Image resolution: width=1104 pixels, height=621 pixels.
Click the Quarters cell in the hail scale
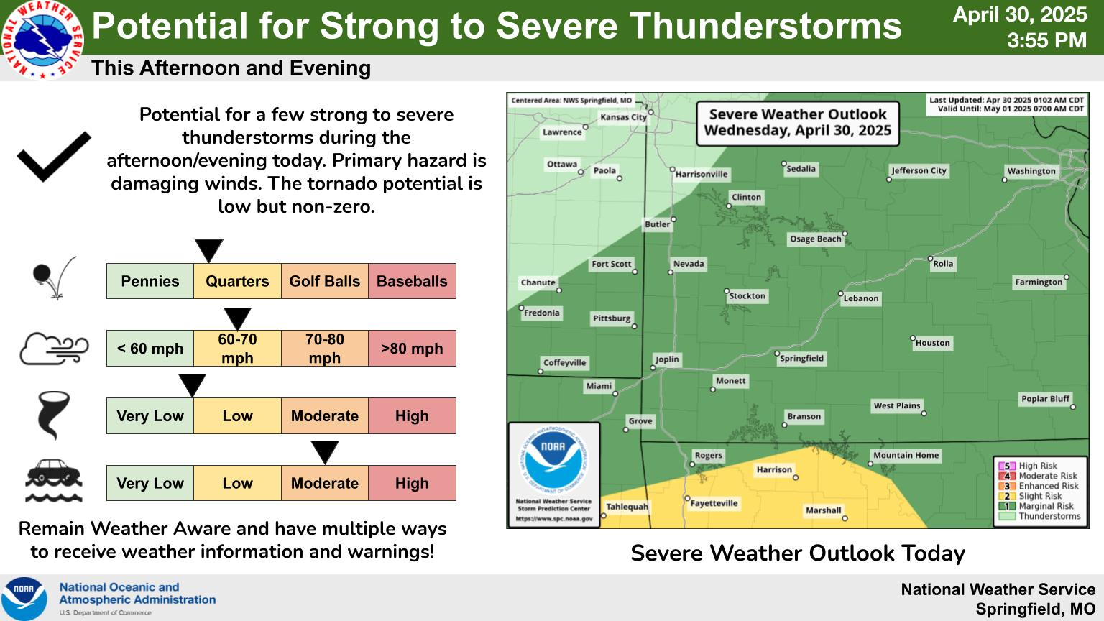[237, 281]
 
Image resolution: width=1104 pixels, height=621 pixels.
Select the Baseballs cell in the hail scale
[412, 281]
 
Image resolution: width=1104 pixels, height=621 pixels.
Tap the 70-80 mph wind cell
[325, 349]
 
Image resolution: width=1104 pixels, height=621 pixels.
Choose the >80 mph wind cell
[412, 349]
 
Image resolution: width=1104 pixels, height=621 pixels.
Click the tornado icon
[53, 415]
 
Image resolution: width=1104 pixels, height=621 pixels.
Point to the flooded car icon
[54, 481]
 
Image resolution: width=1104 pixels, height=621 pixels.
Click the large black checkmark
[54, 157]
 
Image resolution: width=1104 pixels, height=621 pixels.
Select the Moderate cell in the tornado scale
[325, 415]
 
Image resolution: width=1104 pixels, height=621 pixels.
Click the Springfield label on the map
[801, 359]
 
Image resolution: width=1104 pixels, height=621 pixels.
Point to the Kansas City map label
[623, 117]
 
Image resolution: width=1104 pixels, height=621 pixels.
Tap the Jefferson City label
[919, 170]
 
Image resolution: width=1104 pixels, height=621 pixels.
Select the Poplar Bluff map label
[1045, 399]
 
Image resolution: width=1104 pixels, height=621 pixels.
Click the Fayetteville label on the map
[714, 503]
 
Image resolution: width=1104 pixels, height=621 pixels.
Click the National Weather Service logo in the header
[42, 40]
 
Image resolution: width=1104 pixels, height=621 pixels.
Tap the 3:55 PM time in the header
[1046, 40]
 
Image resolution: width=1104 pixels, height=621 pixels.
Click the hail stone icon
[54, 277]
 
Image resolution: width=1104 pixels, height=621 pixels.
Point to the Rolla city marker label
[943, 264]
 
